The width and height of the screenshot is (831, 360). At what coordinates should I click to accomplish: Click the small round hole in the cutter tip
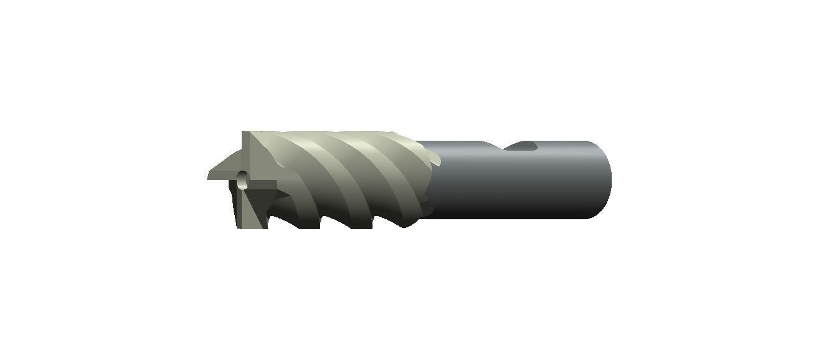coord(242,182)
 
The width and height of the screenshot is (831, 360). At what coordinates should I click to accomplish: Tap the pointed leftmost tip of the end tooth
coord(209,177)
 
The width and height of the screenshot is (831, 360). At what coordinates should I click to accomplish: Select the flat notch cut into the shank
coord(521,147)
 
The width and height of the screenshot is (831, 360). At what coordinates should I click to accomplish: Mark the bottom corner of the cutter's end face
coord(239,227)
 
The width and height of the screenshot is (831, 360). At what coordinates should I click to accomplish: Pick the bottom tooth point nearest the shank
coord(406,225)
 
